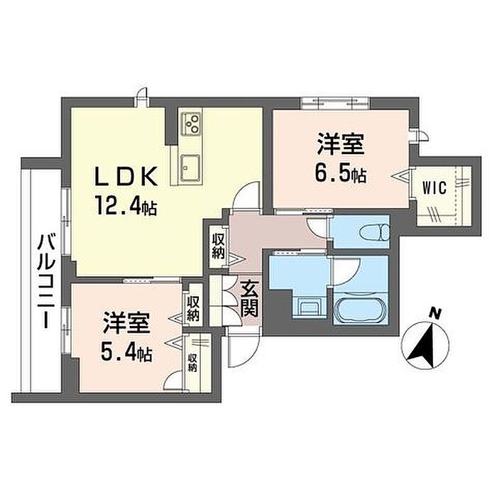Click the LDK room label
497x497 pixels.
126,176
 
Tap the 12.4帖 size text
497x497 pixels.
125,207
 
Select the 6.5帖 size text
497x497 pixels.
341,175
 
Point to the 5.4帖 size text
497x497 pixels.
126,354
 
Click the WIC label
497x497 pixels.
435,188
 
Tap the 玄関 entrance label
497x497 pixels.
249,300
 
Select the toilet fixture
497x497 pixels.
375,232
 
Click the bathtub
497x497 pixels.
361,308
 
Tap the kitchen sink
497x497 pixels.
190,169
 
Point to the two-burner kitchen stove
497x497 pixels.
191,124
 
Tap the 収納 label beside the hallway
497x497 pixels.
219,246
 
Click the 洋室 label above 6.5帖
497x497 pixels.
340,144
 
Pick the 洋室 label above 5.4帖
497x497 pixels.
126,322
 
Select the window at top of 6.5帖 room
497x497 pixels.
335,103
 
